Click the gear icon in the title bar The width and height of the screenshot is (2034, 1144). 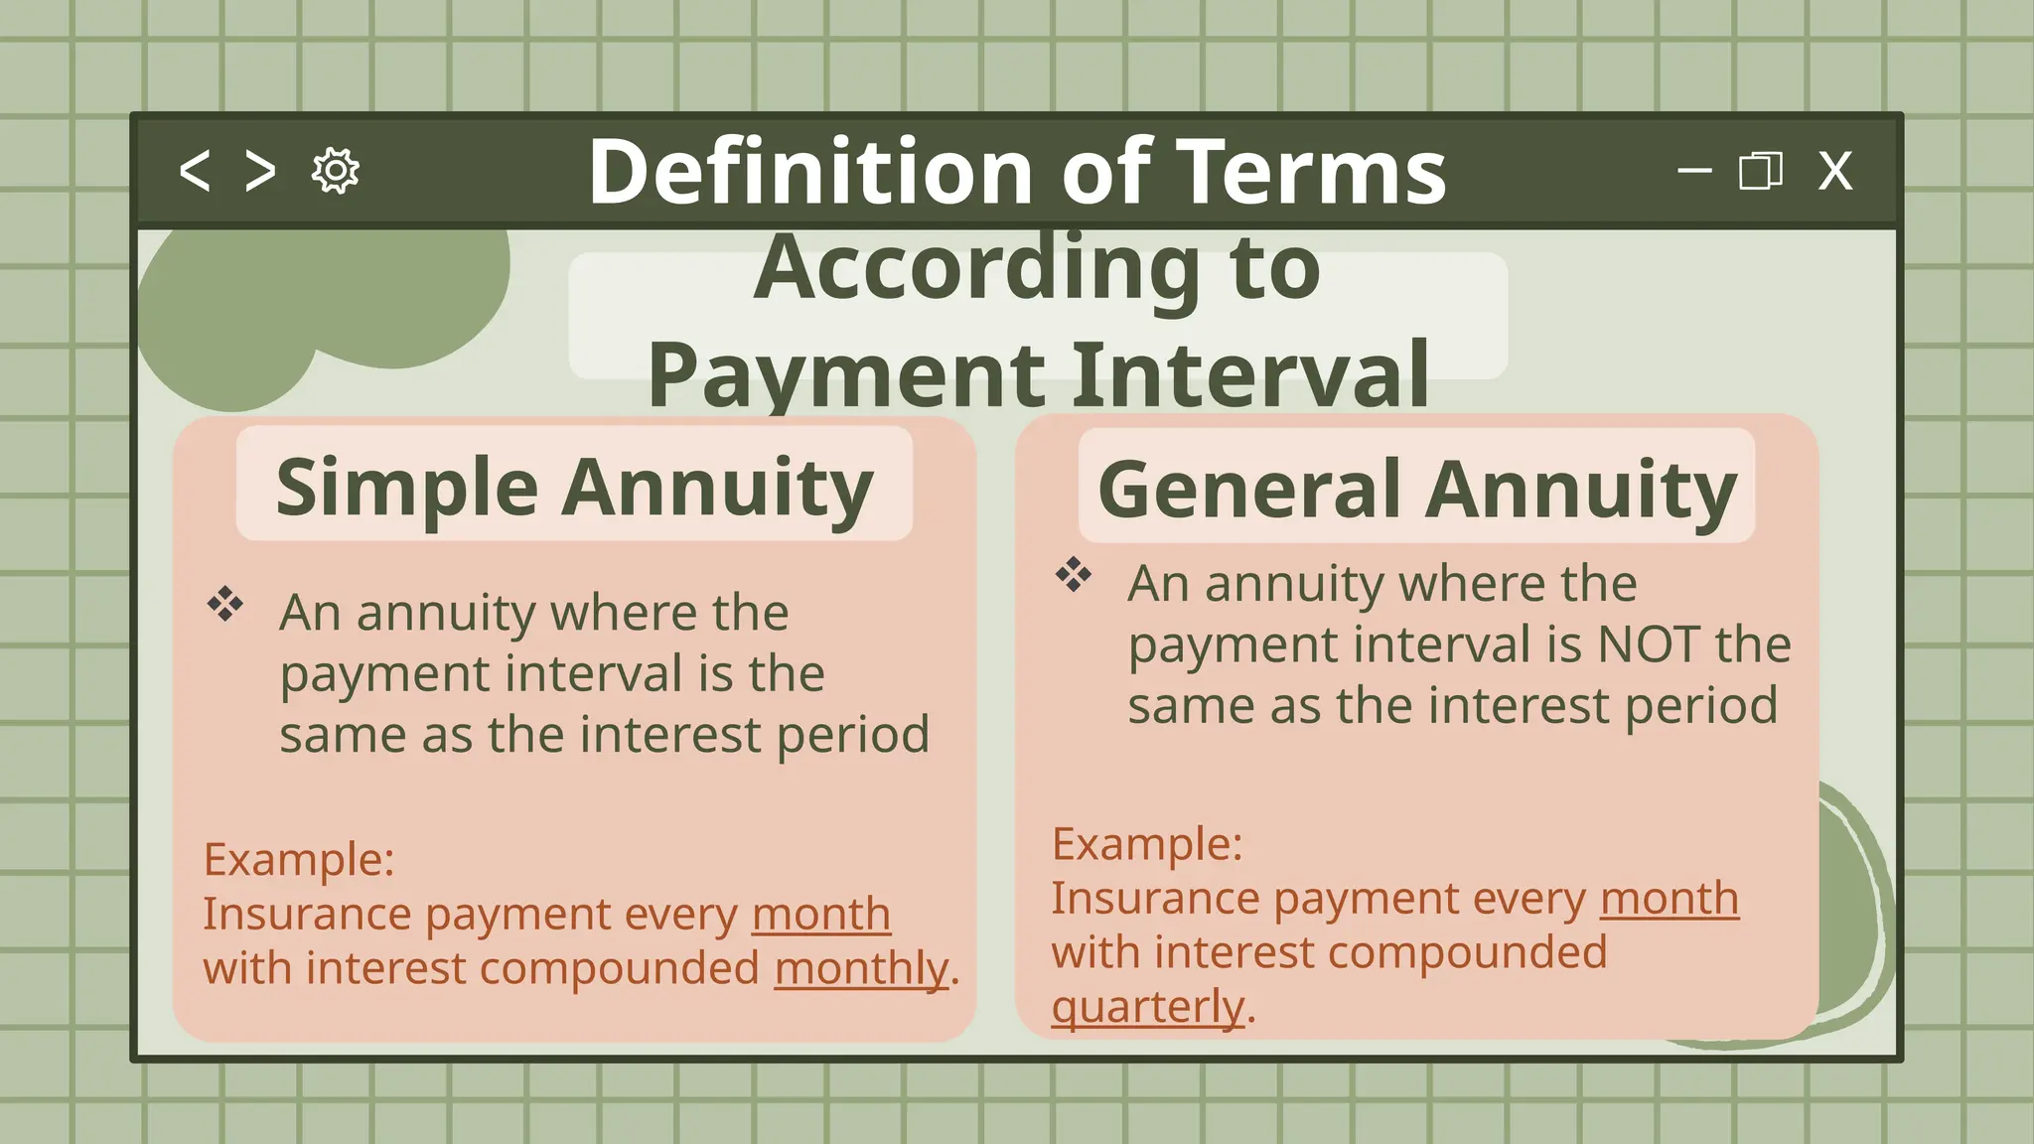[336, 171]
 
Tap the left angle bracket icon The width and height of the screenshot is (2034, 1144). [195, 171]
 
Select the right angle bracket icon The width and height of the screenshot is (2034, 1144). [260, 171]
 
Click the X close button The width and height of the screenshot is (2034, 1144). [1834, 171]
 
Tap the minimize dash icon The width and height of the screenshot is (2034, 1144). [1694, 171]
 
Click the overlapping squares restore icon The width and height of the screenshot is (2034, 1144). [1760, 171]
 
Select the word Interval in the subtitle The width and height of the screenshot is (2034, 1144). [1251, 375]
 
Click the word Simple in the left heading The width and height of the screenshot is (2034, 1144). [407, 487]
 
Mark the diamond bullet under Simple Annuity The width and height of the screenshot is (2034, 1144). [225, 604]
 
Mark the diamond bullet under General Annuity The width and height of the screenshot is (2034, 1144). [1074, 574]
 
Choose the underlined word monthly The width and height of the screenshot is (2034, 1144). [860, 968]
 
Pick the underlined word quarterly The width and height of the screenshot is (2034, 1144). [1147, 1007]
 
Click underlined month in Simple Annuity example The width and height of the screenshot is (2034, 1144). [820, 914]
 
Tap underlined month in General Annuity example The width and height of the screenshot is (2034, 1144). [1670, 899]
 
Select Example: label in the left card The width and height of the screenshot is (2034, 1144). [299, 859]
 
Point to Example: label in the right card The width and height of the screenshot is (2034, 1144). [1147, 844]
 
